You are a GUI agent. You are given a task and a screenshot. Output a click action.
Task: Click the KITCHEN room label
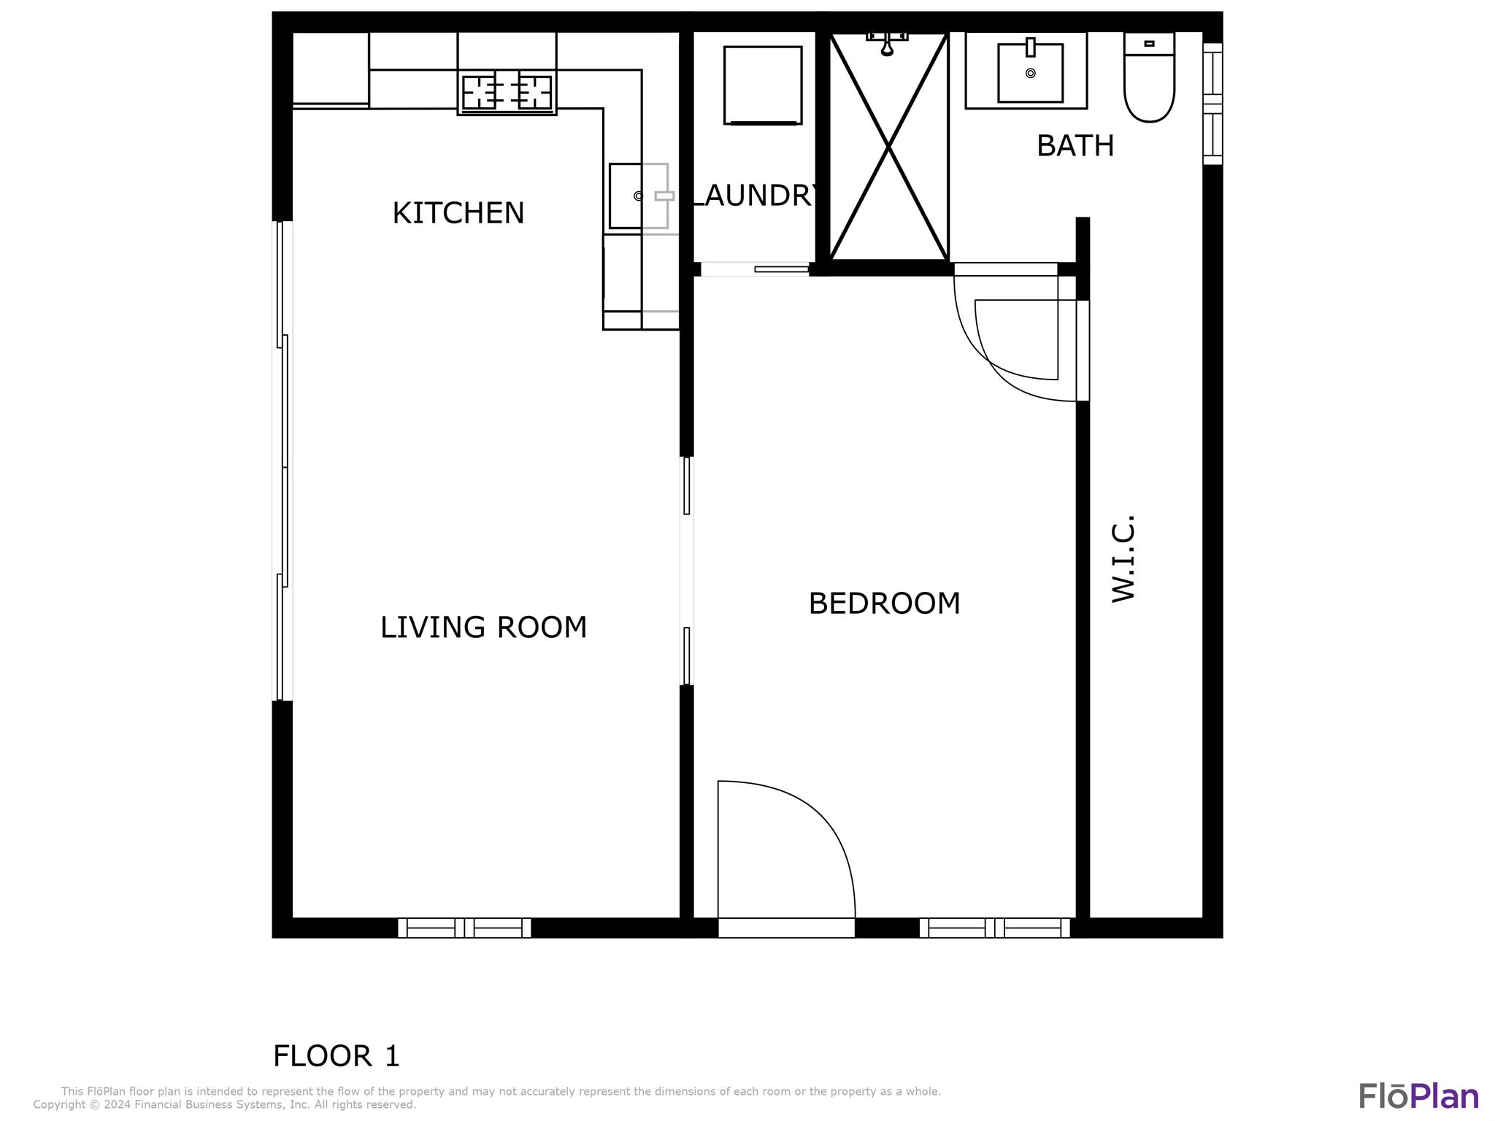[458, 213]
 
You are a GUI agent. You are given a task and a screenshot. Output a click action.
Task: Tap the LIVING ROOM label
[483, 628]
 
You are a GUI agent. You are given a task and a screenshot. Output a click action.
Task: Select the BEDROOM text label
[884, 604]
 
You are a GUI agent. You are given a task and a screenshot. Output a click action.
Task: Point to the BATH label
[1075, 146]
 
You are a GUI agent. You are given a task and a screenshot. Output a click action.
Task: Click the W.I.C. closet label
[1124, 559]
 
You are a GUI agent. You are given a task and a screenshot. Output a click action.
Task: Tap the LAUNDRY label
[755, 196]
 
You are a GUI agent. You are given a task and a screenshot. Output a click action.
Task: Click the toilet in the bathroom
[1149, 77]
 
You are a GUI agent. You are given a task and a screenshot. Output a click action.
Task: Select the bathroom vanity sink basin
[1030, 72]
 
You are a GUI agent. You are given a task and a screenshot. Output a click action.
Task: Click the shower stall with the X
[888, 147]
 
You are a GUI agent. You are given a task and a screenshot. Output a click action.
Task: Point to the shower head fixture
[887, 43]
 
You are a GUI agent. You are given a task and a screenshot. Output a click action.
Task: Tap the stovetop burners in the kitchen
[507, 93]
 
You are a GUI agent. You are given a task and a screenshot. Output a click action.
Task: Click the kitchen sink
[639, 196]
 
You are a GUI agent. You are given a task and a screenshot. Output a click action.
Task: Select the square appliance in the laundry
[763, 85]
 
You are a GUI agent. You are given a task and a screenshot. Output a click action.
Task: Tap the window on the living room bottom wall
[464, 928]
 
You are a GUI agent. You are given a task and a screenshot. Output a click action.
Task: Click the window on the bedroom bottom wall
[995, 928]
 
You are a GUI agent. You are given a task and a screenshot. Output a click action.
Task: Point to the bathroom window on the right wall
[1212, 104]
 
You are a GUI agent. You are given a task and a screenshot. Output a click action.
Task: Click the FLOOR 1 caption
[337, 1056]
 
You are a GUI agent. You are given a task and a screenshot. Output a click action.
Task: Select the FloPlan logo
[1418, 1096]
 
